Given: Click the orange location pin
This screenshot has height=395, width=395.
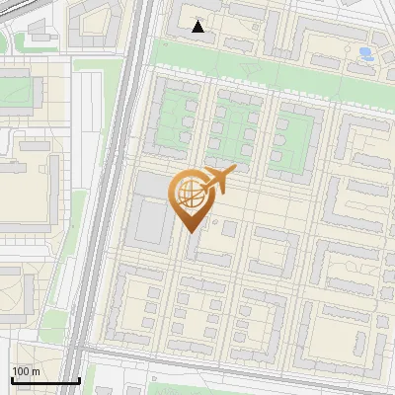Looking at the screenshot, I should click(191, 197).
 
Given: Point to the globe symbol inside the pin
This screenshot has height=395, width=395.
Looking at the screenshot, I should click(190, 194).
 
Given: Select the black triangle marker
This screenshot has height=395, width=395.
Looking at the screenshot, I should click(198, 27).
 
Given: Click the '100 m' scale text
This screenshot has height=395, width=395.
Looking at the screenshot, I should click(25, 371).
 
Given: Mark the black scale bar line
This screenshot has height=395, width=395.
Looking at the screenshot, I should click(45, 380).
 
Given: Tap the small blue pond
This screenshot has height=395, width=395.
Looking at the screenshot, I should click(366, 52).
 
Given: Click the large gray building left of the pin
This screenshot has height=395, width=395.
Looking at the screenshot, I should click(151, 221).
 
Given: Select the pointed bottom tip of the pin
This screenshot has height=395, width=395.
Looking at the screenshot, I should click(190, 231).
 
